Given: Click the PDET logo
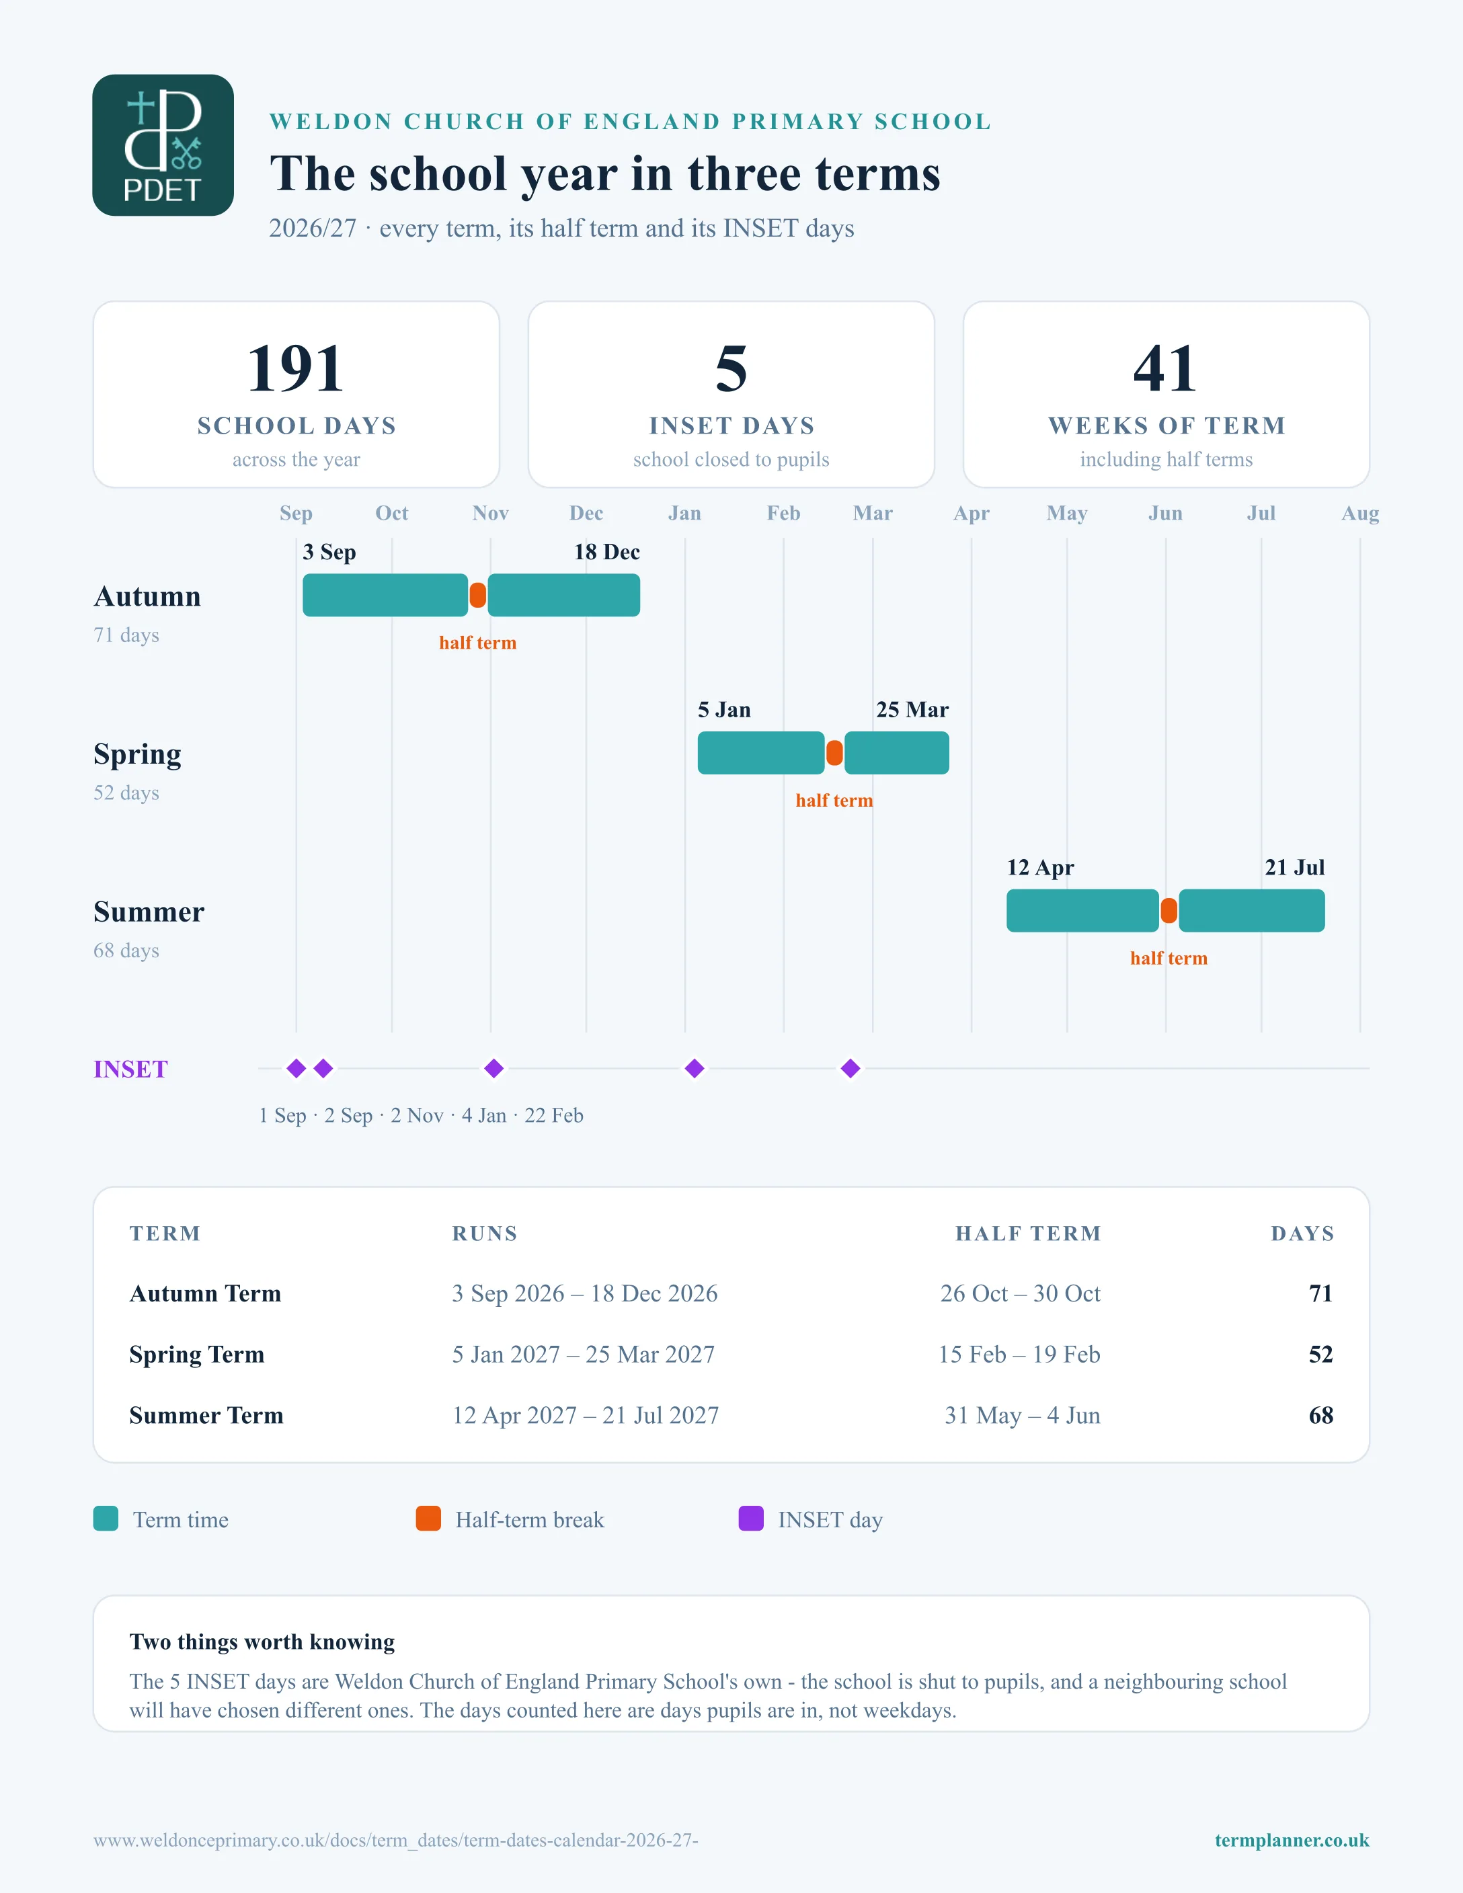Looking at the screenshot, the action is (x=163, y=145).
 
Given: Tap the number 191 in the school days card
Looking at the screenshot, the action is (x=296, y=368).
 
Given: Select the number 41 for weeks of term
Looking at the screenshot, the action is (x=1166, y=368).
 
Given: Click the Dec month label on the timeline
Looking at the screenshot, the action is (x=586, y=513).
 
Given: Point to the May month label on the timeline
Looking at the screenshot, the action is (x=1067, y=513).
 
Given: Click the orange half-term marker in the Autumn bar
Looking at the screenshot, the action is (x=477, y=596).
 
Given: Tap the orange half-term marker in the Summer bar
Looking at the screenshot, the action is (x=1169, y=911).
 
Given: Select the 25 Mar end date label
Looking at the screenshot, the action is (x=912, y=710).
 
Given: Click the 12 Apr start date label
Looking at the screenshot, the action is (x=1040, y=868).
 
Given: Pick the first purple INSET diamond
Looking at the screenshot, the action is (x=296, y=1069).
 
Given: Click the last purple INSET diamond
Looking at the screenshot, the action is (x=851, y=1069).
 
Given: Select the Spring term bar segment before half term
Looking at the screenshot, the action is (x=761, y=753).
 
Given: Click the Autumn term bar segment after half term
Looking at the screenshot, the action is (x=564, y=596).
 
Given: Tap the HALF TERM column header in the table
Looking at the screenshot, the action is (x=1028, y=1234).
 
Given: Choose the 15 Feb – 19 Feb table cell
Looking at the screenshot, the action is (x=1019, y=1355).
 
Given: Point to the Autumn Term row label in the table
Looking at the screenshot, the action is (x=206, y=1294).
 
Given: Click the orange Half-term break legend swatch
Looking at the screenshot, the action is (x=428, y=1519).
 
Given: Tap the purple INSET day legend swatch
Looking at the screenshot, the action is (x=750, y=1519).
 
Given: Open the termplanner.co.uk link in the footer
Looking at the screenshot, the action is (x=1292, y=1840).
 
